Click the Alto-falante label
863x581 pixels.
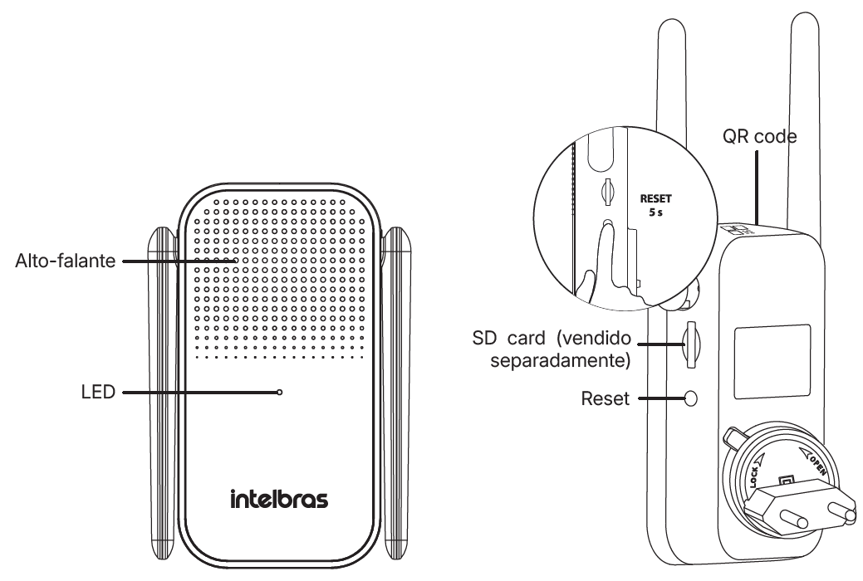tap(65, 261)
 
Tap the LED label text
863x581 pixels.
tap(98, 393)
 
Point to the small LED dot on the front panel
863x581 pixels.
tap(280, 393)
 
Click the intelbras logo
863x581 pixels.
tap(279, 499)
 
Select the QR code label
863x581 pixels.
tap(759, 136)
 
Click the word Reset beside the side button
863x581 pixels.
tap(605, 398)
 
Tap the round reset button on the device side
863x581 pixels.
tap(690, 398)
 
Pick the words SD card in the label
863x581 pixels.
tap(508, 338)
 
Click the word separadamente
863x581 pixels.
tap(561, 361)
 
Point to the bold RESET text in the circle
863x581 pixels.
tap(655, 198)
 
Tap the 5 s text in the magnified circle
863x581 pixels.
tap(655, 212)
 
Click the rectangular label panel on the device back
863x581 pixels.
tap(772, 362)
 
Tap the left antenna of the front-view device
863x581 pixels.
tap(162, 394)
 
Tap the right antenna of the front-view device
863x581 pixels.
tap(398, 394)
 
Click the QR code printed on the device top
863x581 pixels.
tap(739, 229)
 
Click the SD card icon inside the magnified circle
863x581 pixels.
tap(607, 192)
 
